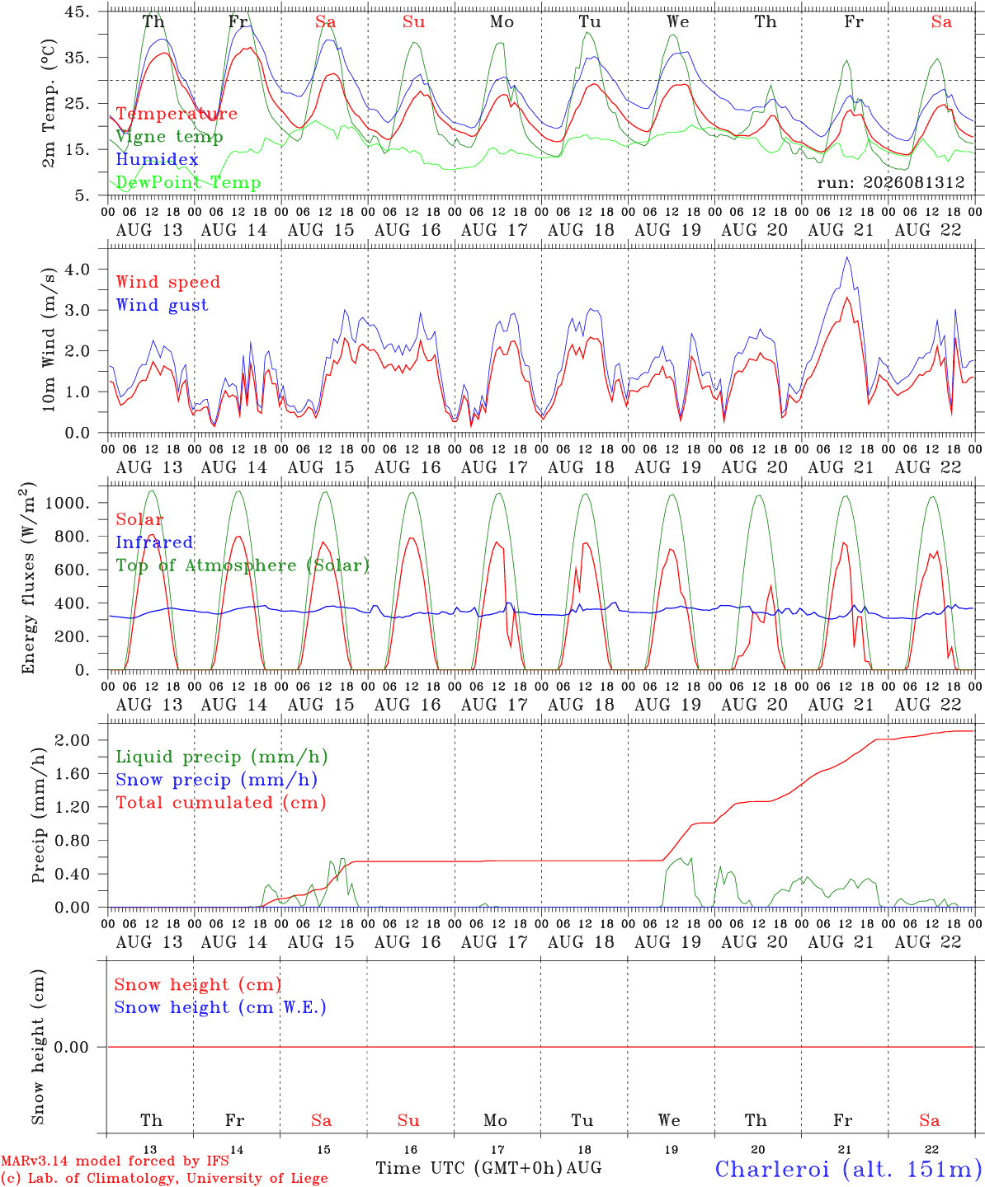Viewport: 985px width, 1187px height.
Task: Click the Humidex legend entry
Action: click(x=157, y=159)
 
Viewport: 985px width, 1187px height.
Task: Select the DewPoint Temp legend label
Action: click(x=188, y=182)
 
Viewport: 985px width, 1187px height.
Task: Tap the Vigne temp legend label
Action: click(x=170, y=137)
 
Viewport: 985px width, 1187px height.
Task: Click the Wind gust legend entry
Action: click(x=163, y=305)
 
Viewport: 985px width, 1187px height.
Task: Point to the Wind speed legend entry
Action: click(x=167, y=282)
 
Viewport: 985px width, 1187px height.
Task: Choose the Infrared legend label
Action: click(x=154, y=542)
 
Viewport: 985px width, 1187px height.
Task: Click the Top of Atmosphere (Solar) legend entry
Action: click(x=243, y=565)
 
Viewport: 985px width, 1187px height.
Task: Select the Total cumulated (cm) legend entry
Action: click(x=221, y=803)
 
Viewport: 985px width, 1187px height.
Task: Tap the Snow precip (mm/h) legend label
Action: click(x=216, y=780)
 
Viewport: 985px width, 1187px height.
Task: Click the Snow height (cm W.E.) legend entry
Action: click(x=220, y=1007)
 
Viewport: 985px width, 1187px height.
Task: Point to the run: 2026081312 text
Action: click(x=891, y=182)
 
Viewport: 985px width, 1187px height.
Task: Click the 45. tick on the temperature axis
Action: click(x=78, y=12)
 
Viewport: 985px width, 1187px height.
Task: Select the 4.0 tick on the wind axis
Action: click(x=78, y=269)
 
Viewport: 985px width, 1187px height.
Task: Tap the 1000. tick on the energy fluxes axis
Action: click(x=68, y=503)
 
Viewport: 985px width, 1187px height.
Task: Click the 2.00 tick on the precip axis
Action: click(x=73, y=740)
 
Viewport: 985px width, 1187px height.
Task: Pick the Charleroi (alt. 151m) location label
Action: click(x=850, y=1169)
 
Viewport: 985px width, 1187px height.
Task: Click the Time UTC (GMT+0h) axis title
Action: click(x=469, y=1168)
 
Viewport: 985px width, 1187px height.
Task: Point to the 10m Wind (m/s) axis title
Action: click(x=49, y=340)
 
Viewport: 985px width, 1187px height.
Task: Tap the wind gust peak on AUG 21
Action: click(x=847, y=257)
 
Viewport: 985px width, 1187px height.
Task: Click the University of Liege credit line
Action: click(x=164, y=1178)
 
